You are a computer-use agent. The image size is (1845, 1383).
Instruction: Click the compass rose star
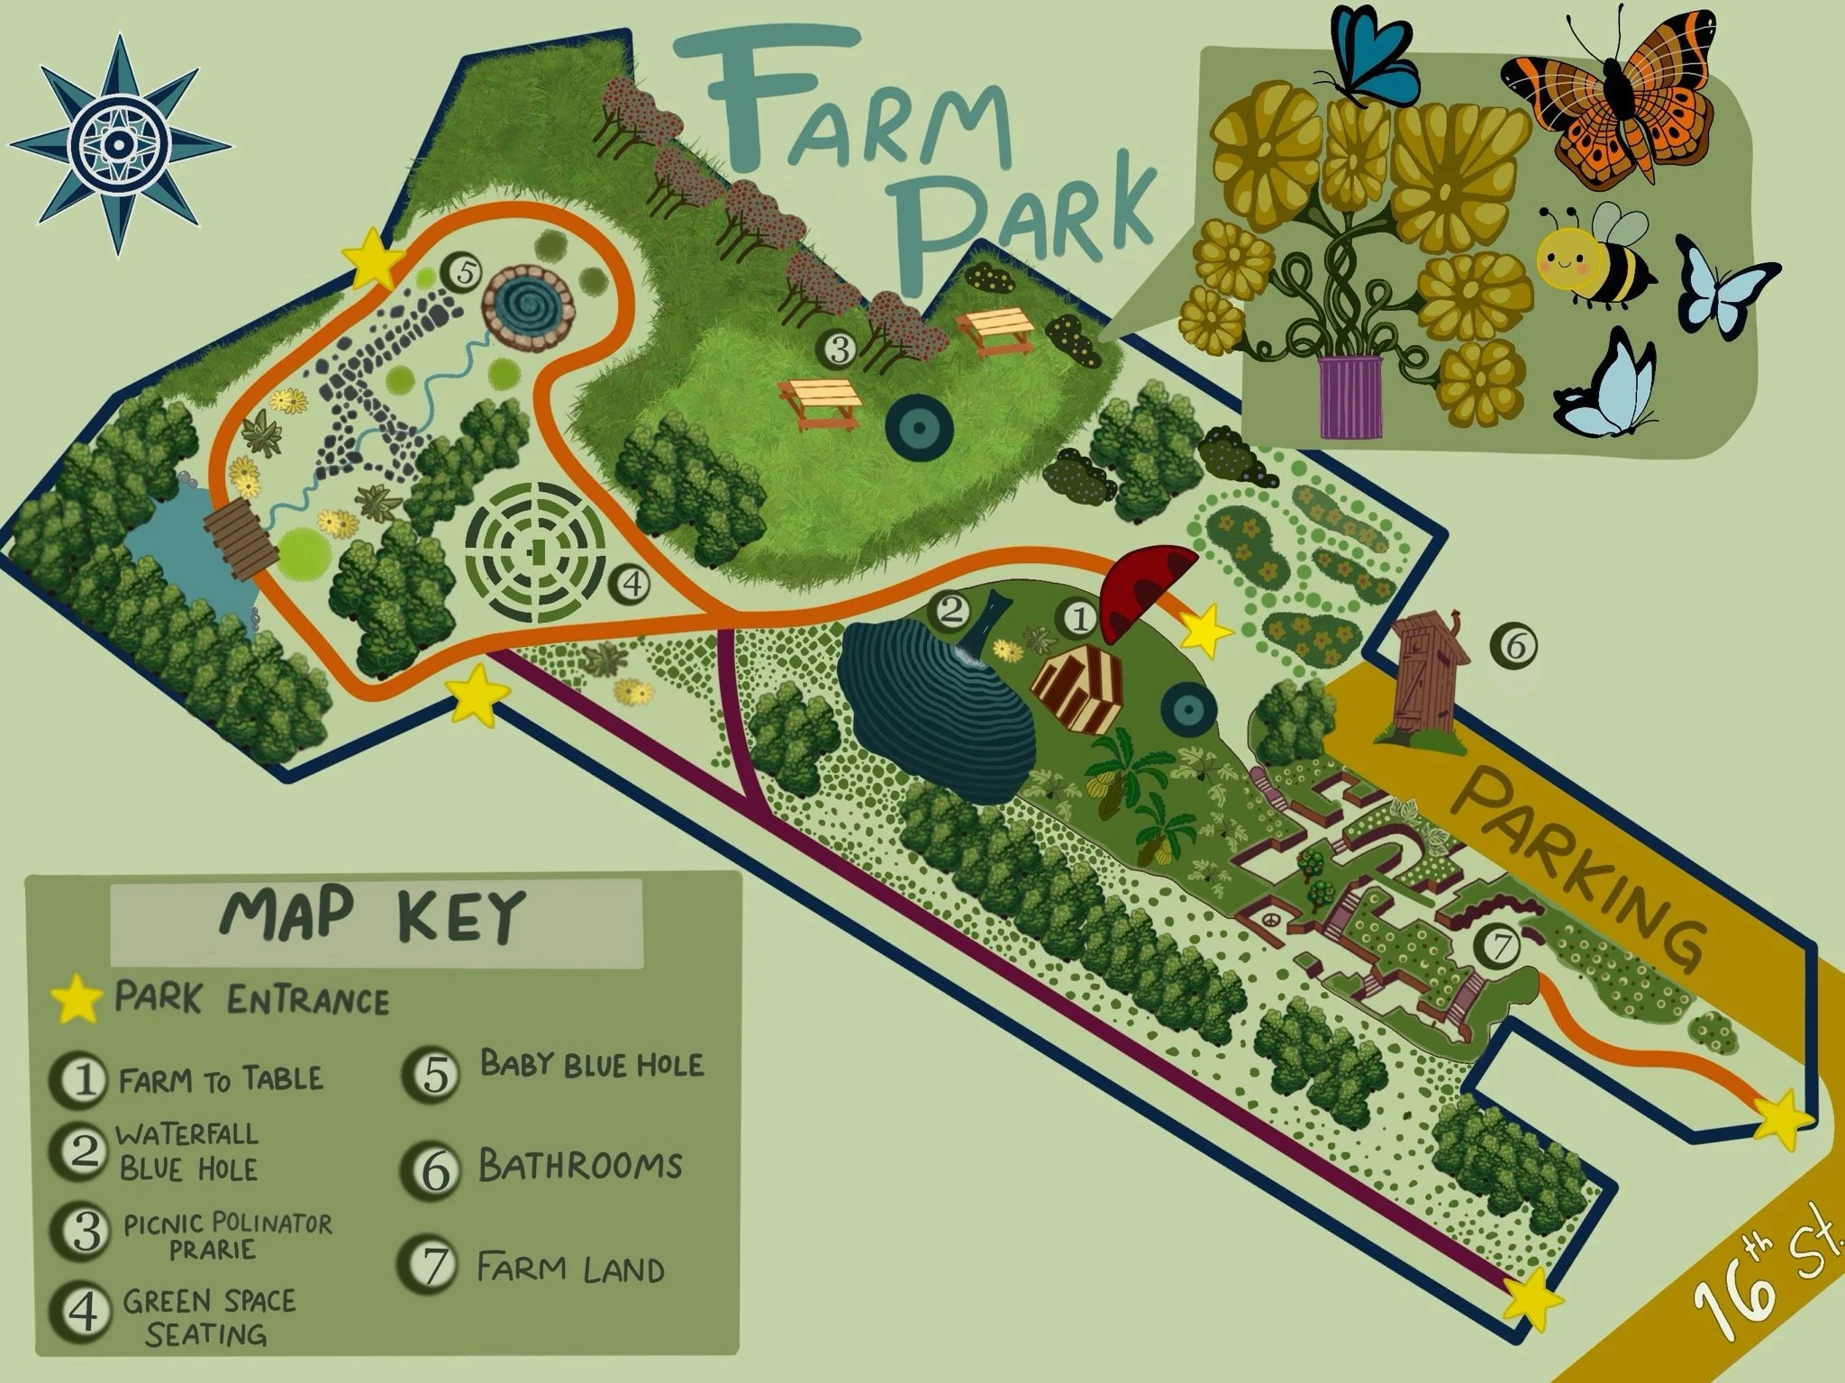(x=119, y=145)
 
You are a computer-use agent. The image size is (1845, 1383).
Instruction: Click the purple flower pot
(x=1350, y=396)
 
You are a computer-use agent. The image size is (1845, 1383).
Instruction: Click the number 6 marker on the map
(x=1513, y=646)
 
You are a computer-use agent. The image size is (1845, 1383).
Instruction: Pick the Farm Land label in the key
(x=569, y=1269)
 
